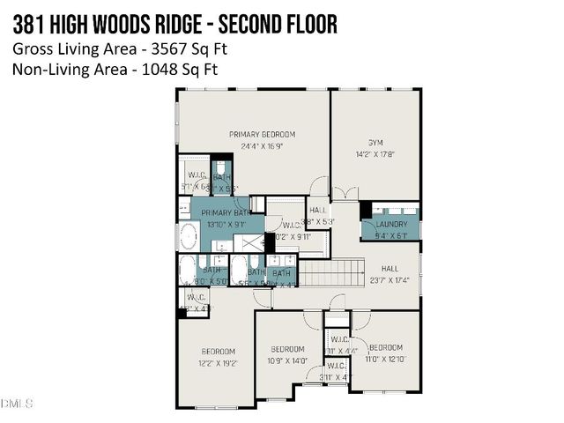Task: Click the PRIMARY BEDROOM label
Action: (x=262, y=134)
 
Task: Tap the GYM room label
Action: (x=375, y=142)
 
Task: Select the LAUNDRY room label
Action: (x=390, y=224)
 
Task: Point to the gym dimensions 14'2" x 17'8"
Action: (x=375, y=153)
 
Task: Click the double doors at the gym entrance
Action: (x=350, y=192)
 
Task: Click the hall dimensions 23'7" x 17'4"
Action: (x=390, y=281)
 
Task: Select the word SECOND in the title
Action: (x=234, y=25)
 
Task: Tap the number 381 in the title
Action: (x=28, y=25)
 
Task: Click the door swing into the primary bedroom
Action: (x=318, y=187)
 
